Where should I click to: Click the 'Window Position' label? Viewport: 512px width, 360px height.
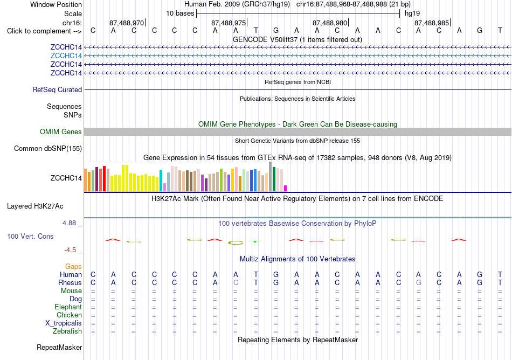pyautogui.click(x=56, y=4)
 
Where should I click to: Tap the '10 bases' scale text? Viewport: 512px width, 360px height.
pyautogui.click(x=180, y=13)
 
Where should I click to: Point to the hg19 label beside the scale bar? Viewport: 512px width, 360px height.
pyautogui.click(x=412, y=13)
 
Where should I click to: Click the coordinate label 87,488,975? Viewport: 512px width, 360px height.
pyautogui.click(x=229, y=23)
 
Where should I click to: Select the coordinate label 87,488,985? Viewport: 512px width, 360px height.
pyautogui.click(x=432, y=23)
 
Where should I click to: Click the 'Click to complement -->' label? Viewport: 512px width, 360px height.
pyautogui.click(x=44, y=31)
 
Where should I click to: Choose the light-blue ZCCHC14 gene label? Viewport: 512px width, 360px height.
pyautogui.click(x=66, y=56)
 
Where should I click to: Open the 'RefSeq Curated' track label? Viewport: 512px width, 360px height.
pyautogui.click(x=57, y=90)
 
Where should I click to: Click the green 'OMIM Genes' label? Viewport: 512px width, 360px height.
pyautogui.click(x=61, y=132)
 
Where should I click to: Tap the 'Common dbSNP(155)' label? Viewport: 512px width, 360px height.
pyautogui.click(x=48, y=149)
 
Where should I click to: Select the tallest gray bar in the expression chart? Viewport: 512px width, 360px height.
pyautogui.click(x=271, y=177)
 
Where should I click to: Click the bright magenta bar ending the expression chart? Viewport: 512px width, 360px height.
pyautogui.click(x=286, y=188)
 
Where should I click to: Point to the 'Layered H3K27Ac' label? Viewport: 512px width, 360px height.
pyautogui.click(x=35, y=206)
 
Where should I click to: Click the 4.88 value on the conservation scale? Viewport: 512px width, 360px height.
pyautogui.click(x=69, y=223)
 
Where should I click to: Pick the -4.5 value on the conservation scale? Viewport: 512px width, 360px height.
pyautogui.click(x=70, y=250)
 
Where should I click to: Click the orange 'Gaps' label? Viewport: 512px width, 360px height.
pyautogui.click(x=73, y=267)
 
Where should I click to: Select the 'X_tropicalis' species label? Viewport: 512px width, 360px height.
pyautogui.click(x=64, y=323)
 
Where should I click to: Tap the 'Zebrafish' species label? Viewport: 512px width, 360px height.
pyautogui.click(x=67, y=331)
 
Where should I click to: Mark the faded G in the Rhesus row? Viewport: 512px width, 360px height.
pyautogui.click(x=419, y=282)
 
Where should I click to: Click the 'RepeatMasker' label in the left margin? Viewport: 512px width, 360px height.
pyautogui.click(x=59, y=347)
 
